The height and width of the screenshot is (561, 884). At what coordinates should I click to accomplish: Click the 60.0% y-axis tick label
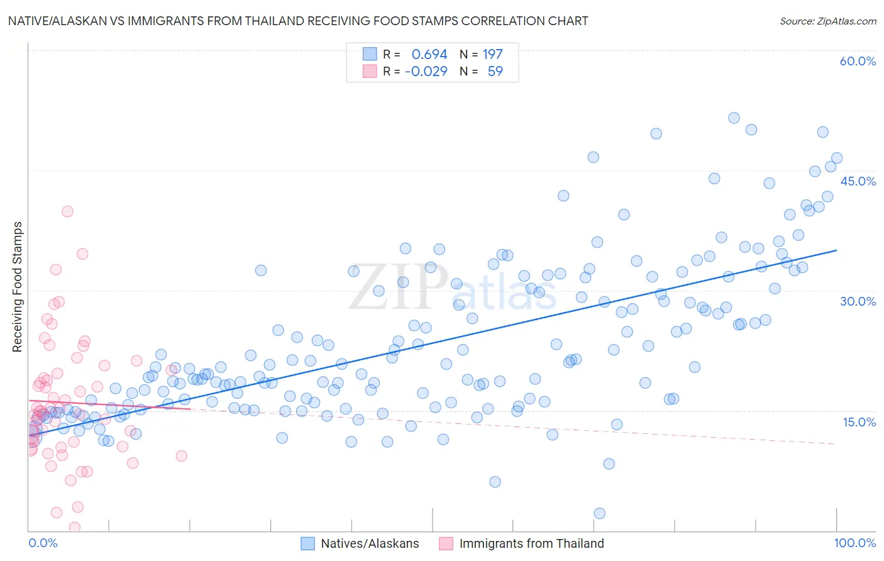858,61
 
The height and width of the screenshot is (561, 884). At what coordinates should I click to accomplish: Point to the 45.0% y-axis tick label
858,181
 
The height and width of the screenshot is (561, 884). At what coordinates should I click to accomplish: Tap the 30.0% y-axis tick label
858,301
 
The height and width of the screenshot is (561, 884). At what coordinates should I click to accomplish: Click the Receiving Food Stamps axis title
17,287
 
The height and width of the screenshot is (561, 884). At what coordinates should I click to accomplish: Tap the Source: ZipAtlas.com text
827,21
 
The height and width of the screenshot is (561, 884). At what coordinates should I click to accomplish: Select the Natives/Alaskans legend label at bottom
370,544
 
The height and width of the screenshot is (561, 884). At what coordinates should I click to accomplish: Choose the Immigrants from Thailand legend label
531,544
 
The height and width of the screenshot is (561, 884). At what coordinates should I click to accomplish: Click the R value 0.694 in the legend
429,55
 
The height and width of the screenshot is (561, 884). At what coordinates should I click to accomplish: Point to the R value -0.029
426,71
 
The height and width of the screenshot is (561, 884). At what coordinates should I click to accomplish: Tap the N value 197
492,55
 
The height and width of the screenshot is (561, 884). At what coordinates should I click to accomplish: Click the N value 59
495,71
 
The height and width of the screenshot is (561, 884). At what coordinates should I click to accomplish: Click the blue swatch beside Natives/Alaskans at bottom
307,544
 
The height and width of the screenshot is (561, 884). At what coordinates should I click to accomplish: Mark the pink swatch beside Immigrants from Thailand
446,544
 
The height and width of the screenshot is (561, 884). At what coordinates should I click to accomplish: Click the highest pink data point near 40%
67,211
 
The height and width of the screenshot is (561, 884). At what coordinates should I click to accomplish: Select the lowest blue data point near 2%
599,513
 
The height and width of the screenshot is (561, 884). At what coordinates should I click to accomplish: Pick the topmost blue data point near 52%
734,118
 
